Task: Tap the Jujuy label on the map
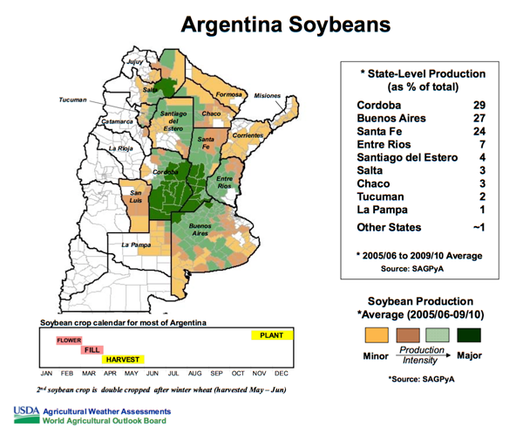click(x=133, y=63)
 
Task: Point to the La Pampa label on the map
click(x=136, y=245)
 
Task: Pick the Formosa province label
click(x=228, y=93)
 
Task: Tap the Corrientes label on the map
click(x=248, y=136)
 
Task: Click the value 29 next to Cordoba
click(x=479, y=106)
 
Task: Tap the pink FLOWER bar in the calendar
click(x=69, y=340)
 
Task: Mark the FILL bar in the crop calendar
click(x=92, y=349)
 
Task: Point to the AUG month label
click(x=194, y=373)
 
